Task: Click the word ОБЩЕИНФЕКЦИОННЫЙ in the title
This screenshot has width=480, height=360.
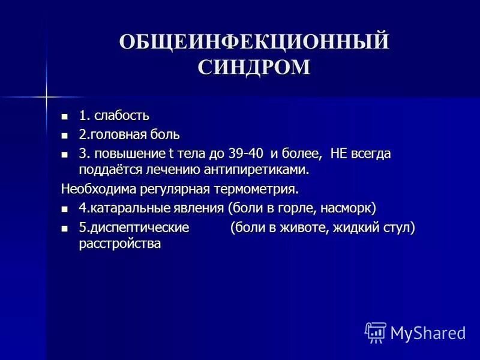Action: (x=254, y=43)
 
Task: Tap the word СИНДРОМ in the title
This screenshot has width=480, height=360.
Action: (x=254, y=67)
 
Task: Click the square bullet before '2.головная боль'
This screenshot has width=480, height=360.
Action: (x=65, y=135)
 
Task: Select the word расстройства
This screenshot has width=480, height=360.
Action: (x=119, y=244)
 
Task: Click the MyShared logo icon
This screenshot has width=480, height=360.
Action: (x=376, y=332)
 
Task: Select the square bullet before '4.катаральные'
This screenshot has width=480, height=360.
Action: (x=65, y=209)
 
